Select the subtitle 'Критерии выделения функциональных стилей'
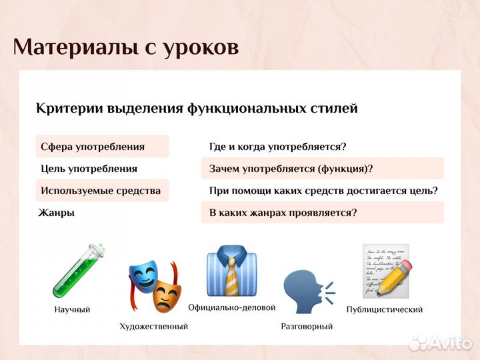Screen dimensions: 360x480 (197, 108)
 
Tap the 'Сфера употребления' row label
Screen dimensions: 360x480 (93, 147)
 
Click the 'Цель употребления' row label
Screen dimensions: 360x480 (89, 169)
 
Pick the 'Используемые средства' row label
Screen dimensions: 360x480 (100, 191)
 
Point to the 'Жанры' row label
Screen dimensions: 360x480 (57, 213)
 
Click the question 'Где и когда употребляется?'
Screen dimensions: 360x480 (277, 147)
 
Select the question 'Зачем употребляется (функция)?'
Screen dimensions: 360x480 (291, 169)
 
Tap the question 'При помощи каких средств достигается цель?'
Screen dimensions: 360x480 (323, 191)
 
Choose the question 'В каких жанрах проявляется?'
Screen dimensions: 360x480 (283, 213)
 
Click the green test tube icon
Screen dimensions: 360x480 (79, 272)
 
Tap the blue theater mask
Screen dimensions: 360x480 (143, 275)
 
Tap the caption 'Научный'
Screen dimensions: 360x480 (72, 310)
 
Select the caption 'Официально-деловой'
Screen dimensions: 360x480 (231, 308)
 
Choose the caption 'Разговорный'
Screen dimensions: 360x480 (307, 327)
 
